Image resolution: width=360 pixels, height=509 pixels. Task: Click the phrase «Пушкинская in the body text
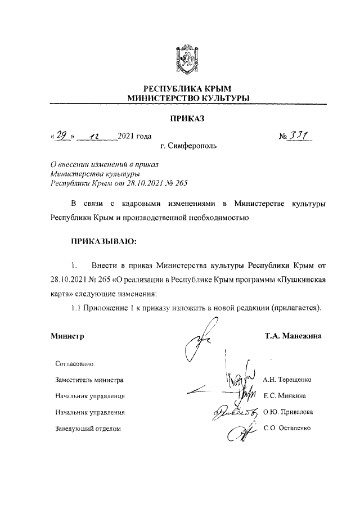pyautogui.click(x=302, y=279)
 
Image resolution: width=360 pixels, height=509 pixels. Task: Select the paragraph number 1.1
pyautogui.click(x=77, y=308)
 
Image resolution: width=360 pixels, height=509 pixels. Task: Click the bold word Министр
pyautogui.click(x=67, y=337)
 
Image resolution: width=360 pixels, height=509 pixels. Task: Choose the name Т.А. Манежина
pyautogui.click(x=293, y=336)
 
